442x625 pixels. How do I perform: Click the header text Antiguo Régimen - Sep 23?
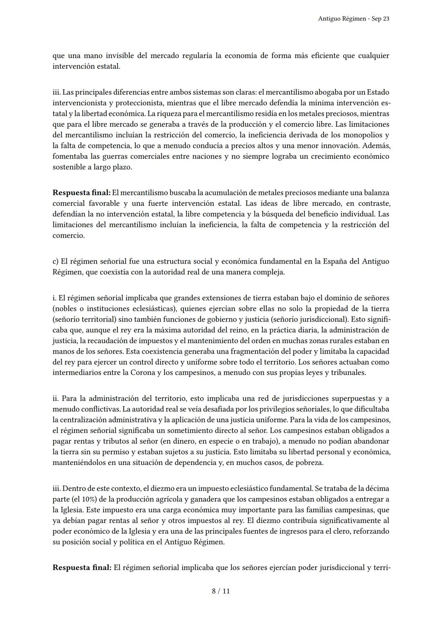(353, 19)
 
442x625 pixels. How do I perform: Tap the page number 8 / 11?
(221, 591)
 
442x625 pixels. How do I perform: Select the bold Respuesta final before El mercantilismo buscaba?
(81, 192)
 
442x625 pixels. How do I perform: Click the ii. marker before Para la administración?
(55, 398)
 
